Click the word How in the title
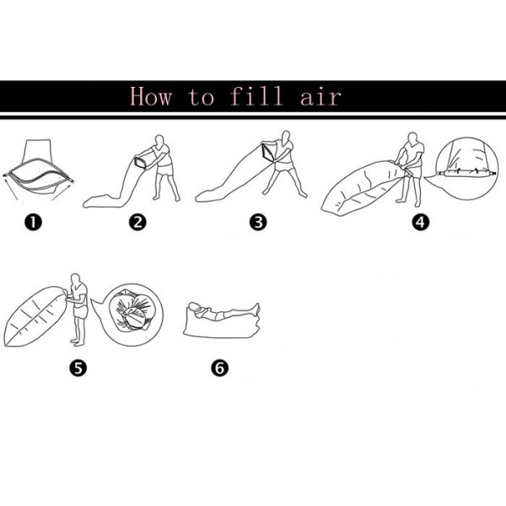point(151,96)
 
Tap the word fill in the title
point(256,95)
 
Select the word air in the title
point(320,96)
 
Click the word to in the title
point(201,97)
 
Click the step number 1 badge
point(33,223)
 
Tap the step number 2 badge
point(137,223)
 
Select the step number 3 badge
point(258,223)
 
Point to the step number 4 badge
point(421,223)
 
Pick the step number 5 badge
point(78,368)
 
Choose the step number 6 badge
point(220,368)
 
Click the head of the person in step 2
point(159,141)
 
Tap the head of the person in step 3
point(286,137)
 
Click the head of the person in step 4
point(412,138)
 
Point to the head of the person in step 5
point(75,279)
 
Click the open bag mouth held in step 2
point(141,162)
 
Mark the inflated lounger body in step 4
point(362,187)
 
